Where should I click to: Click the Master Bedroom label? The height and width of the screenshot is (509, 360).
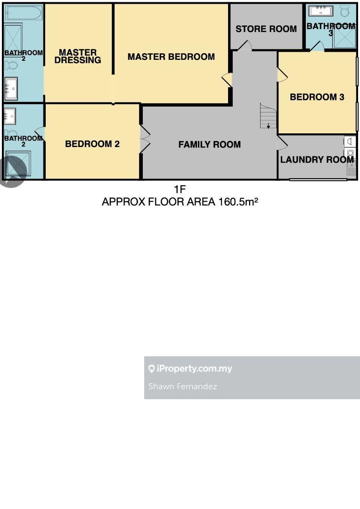pos(171,57)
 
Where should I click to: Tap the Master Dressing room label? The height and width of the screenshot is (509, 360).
pos(78,56)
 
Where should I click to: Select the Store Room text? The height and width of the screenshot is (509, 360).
pos(266,29)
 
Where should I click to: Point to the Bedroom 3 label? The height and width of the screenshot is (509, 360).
pos(317,97)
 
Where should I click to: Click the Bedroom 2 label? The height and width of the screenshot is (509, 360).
pos(92,144)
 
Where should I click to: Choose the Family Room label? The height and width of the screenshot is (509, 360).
pos(209,145)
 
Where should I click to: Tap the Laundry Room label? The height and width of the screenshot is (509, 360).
pos(317,159)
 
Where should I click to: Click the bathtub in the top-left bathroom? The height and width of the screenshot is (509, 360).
pos(24,13)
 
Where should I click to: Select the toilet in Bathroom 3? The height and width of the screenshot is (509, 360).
pos(345,11)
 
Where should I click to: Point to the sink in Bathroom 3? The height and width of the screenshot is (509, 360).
pos(321,11)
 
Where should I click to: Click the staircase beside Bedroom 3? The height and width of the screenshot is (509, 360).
pos(268,116)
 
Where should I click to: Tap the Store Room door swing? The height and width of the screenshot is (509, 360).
pos(245,45)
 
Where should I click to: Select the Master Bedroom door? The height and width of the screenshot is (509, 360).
pos(227,80)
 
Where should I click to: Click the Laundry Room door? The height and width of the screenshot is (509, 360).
pos(282,143)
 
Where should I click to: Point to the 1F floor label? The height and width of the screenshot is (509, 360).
pos(180,189)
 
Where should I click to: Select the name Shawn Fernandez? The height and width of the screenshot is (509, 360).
pos(182,386)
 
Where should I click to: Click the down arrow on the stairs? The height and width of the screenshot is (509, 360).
pos(269,126)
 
